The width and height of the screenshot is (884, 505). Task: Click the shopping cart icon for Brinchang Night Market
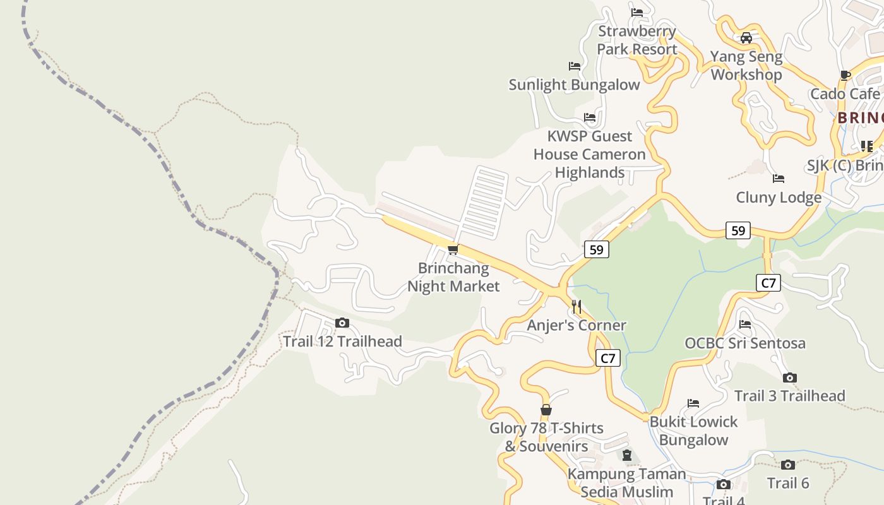click(453, 250)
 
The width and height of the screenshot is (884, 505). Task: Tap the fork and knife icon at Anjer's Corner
click(576, 307)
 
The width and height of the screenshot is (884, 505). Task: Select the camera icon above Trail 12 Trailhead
click(342, 323)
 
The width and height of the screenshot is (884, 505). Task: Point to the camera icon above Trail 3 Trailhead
click(789, 377)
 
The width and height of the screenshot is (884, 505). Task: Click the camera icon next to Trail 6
click(787, 465)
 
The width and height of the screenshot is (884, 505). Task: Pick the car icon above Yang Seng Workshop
click(746, 38)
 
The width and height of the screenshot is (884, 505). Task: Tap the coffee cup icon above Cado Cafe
click(845, 76)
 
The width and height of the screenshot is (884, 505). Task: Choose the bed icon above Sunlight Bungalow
click(574, 66)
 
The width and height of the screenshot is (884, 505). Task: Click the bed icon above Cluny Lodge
click(779, 179)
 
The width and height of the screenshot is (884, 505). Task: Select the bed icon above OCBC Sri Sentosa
click(745, 324)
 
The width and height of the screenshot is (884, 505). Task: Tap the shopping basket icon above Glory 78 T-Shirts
click(546, 410)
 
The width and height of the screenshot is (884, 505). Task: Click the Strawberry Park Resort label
click(637, 40)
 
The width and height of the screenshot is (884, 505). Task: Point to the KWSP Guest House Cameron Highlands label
click(589, 154)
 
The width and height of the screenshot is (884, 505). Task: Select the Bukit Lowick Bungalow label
click(693, 431)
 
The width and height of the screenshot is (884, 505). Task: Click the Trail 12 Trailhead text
click(342, 342)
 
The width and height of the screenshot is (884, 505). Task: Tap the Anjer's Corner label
click(576, 325)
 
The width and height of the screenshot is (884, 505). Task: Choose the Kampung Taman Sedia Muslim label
click(626, 482)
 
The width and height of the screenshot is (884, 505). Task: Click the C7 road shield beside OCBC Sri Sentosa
click(768, 283)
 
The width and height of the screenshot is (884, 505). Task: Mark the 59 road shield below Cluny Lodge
click(738, 230)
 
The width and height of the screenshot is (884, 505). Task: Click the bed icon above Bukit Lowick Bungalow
click(693, 403)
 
